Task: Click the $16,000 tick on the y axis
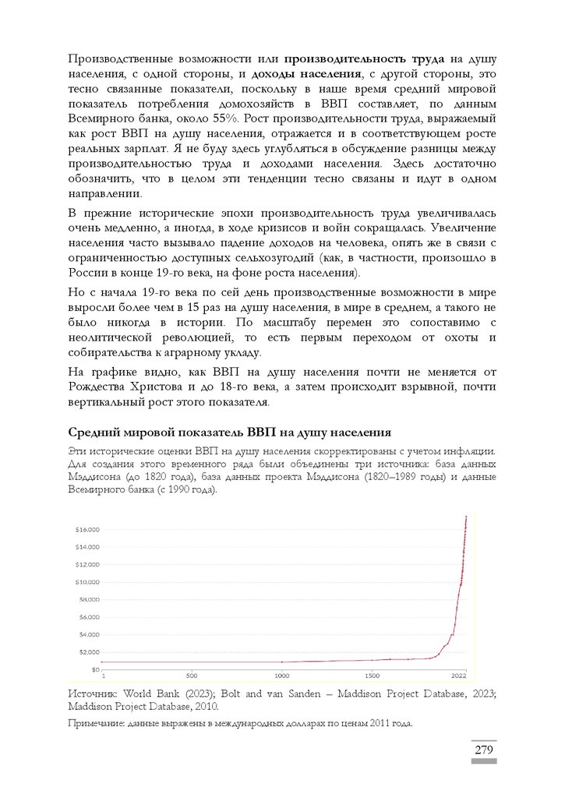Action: coord(88,529)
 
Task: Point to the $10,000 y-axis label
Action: coord(88,582)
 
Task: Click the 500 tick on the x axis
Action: coord(192,675)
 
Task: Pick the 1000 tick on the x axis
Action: coord(283,675)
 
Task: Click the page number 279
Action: coord(484,750)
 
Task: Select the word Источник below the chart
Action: coord(95,692)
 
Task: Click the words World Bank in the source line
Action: coord(157,692)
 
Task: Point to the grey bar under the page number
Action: coord(484,761)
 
